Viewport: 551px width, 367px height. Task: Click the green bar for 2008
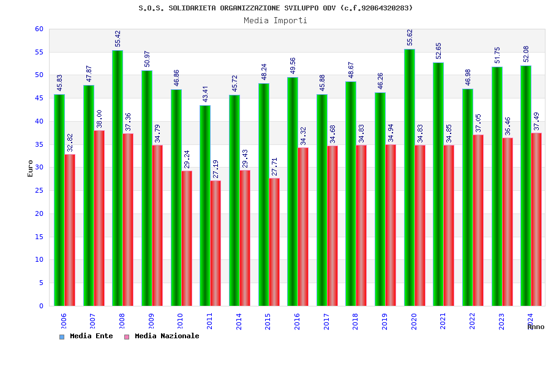pyautogui.click(x=118, y=178)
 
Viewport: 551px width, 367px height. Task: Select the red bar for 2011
pyautogui.click(x=216, y=243)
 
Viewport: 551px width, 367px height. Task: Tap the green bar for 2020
pyautogui.click(x=410, y=177)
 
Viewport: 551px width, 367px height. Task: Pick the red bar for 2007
pyautogui.click(x=99, y=218)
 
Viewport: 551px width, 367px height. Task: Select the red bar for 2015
pyautogui.click(x=274, y=242)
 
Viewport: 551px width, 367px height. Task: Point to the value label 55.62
pyautogui.click(x=410, y=37)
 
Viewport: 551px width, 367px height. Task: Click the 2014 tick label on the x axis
pyautogui.click(x=239, y=322)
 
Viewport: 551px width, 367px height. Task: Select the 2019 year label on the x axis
pyautogui.click(x=384, y=322)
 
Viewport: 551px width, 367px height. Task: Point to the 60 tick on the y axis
pyautogui.click(x=39, y=29)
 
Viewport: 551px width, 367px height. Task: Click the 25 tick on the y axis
pyautogui.click(x=39, y=190)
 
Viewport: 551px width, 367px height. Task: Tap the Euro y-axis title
pyautogui.click(x=30, y=168)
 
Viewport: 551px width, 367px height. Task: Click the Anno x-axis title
pyautogui.click(x=536, y=327)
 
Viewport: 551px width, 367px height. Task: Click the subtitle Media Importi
pyautogui.click(x=275, y=20)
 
